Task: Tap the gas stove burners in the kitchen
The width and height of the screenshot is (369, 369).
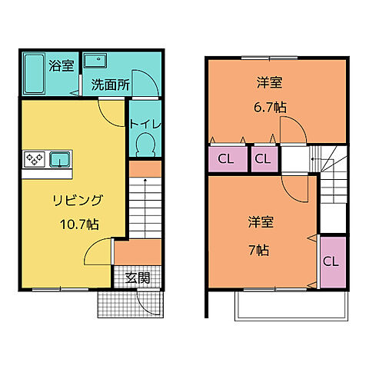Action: point(35,160)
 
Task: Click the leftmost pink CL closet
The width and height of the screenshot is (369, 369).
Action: point(225,159)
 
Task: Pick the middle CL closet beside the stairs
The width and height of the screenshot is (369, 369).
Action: point(262,159)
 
